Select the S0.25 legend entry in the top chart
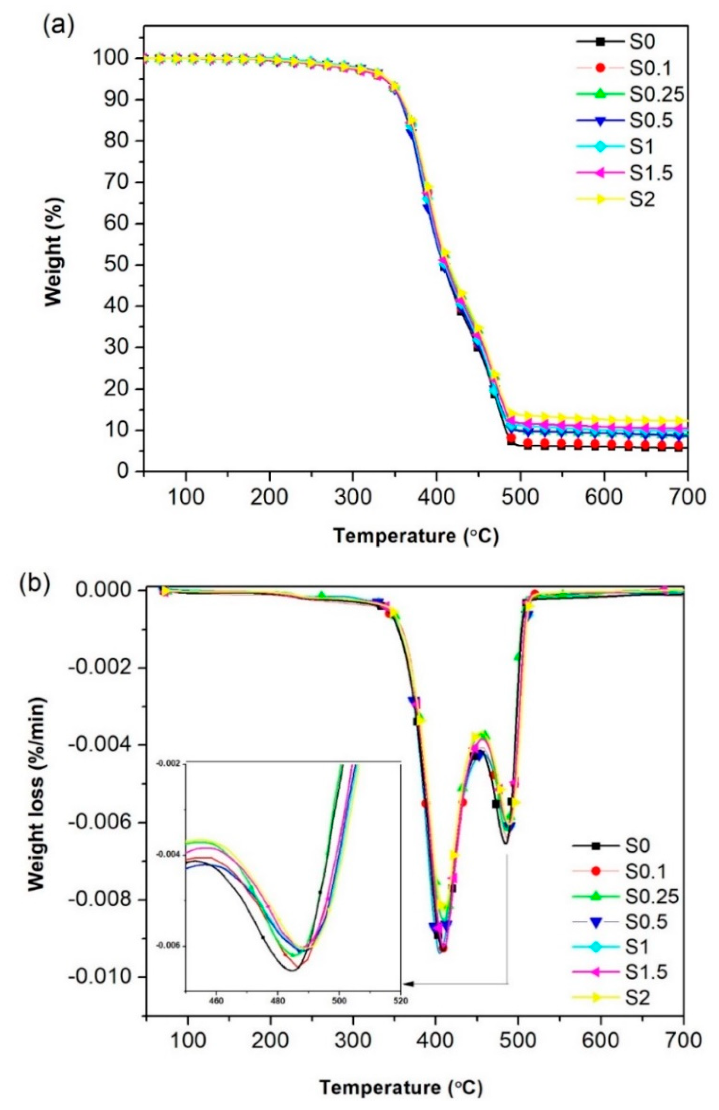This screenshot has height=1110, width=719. [657, 93]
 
